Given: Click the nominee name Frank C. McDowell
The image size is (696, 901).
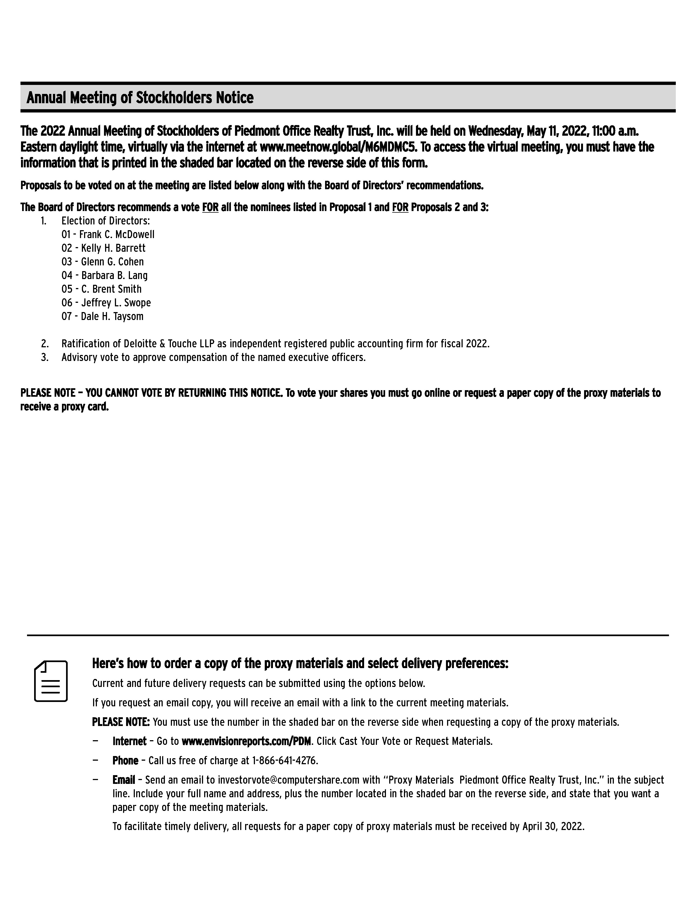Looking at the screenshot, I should click(117, 235).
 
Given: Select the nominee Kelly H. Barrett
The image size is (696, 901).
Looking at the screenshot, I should click(113, 248).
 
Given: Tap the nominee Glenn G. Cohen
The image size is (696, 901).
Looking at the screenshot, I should click(112, 262).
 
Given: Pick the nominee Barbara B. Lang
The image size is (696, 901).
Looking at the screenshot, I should click(114, 275).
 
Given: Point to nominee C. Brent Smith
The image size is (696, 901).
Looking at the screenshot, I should click(111, 289).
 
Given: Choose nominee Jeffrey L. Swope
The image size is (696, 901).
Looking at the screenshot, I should click(116, 303).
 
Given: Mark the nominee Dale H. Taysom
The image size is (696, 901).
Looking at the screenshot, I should click(112, 316).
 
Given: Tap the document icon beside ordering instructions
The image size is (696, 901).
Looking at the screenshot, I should click(51, 681).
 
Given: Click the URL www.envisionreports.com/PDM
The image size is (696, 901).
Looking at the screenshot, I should click(246, 741).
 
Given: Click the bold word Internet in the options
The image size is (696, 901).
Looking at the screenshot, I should click(129, 741).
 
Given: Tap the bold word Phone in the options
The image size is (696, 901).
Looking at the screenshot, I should click(125, 761).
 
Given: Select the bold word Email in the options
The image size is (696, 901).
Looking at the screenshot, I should click(124, 780).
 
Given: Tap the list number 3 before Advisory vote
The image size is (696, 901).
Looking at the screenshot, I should click(44, 358).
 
